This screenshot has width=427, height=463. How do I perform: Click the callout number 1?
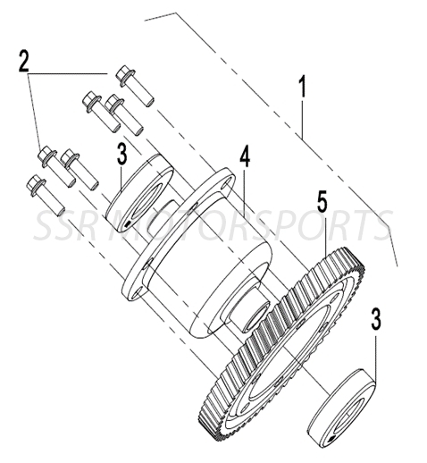coord(303,88)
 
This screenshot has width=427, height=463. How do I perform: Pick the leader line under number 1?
coord(303,117)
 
